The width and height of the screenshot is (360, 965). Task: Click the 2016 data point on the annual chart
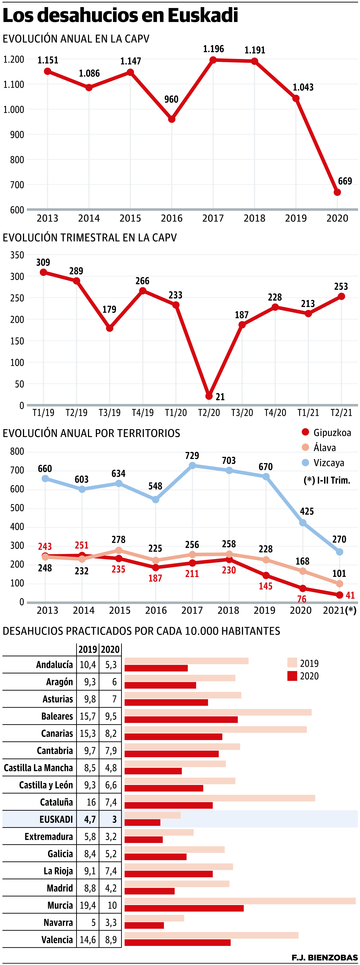[172, 119]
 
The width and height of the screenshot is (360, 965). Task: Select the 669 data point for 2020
[337, 192]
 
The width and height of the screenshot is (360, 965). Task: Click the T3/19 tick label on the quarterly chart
[109, 412]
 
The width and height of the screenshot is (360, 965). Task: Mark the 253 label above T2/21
[341, 287]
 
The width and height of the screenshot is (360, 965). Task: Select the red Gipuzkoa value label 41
[350, 595]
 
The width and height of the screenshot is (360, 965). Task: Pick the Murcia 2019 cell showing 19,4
[88, 905]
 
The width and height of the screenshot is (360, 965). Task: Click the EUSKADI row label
[56, 819]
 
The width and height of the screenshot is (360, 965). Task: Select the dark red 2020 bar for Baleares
[181, 720]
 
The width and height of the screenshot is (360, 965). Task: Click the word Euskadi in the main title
[203, 16]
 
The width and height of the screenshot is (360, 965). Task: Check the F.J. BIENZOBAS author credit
[324, 957]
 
